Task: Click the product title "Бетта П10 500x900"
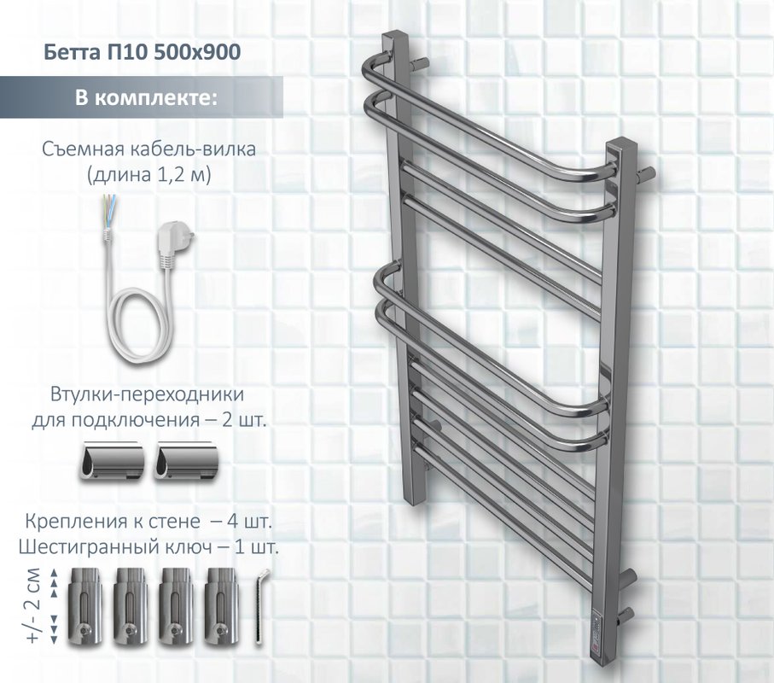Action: tap(143, 51)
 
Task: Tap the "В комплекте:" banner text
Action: tap(146, 97)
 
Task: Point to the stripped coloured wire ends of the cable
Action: tap(109, 209)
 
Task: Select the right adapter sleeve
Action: tap(185, 462)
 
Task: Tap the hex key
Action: tap(259, 609)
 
